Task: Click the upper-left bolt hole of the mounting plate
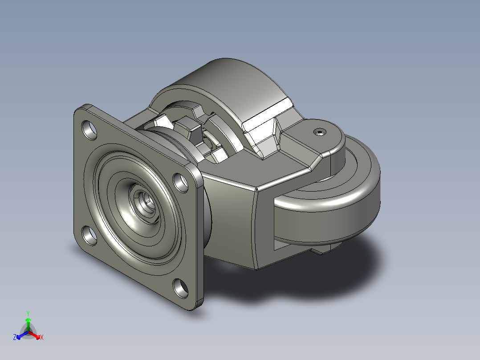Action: click(89, 130)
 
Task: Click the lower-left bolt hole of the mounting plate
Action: click(89, 236)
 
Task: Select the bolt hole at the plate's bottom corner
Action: click(181, 288)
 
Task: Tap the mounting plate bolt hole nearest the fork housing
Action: click(181, 183)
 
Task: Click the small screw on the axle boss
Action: click(320, 132)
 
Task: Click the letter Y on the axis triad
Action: click(28, 314)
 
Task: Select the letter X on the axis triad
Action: click(42, 337)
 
